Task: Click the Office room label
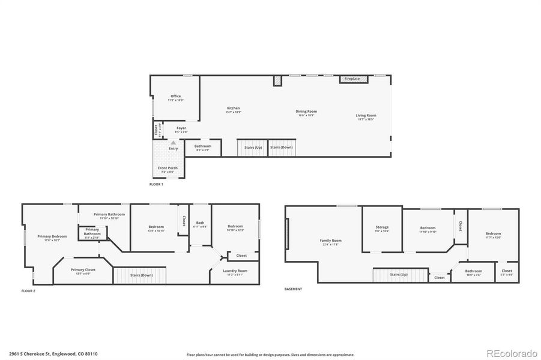click(x=175, y=96)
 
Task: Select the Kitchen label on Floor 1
click(x=233, y=109)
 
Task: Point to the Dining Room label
click(x=306, y=112)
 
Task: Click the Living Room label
click(x=366, y=116)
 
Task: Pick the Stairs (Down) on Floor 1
click(x=281, y=147)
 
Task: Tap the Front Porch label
click(x=168, y=168)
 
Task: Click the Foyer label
click(x=181, y=128)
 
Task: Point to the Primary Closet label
click(x=83, y=270)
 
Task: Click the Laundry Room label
click(x=234, y=271)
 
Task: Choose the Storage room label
click(x=382, y=227)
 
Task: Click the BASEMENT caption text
click(x=293, y=289)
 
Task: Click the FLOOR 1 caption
click(x=156, y=184)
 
